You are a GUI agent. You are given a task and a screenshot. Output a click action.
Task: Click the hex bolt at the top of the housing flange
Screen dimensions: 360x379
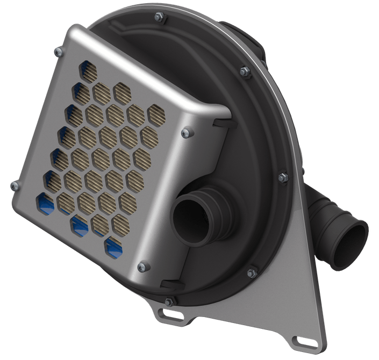[159, 17]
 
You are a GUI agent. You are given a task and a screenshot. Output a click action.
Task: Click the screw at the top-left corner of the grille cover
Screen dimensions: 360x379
[58, 51]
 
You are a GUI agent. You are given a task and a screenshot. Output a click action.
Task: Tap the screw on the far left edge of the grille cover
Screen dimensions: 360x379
[15, 186]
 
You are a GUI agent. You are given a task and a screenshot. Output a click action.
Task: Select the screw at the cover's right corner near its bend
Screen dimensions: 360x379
[186, 132]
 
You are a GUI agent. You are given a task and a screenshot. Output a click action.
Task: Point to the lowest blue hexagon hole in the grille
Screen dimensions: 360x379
[113, 246]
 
